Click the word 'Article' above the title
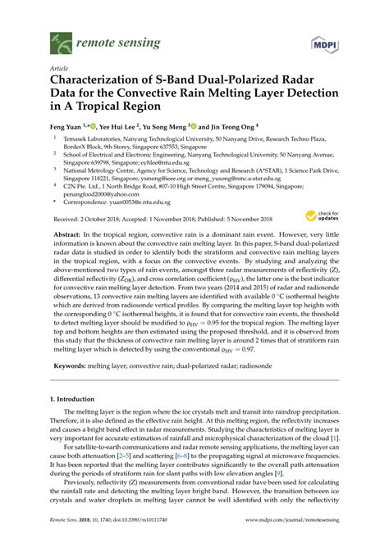[59, 68]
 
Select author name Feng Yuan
[68, 127]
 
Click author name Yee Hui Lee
[127, 127]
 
